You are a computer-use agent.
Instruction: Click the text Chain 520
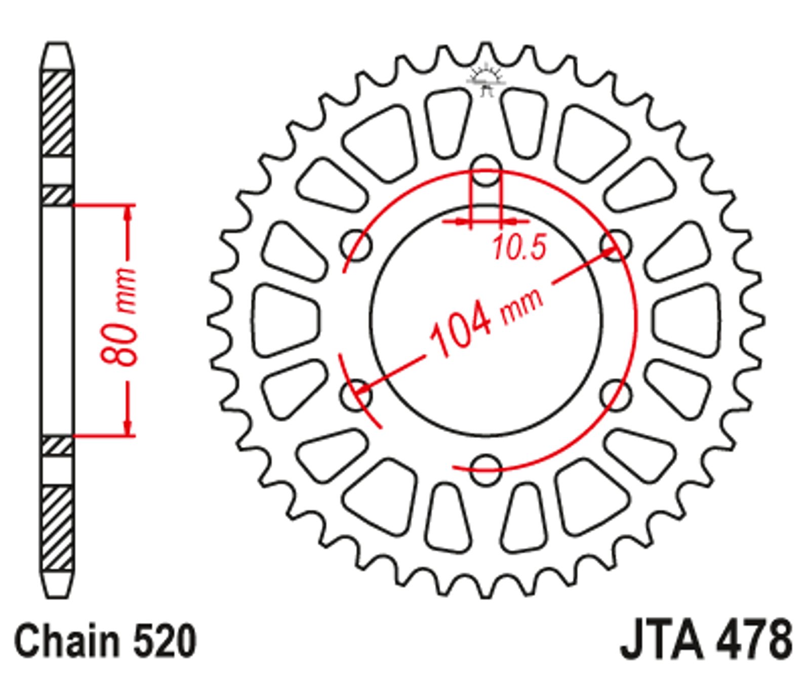tap(105, 641)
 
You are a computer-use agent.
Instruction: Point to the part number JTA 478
tap(706, 640)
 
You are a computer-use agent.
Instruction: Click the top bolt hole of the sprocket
tap(486, 170)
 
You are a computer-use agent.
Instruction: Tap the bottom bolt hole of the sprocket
tap(486, 469)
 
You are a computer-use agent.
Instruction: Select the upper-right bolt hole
tap(616, 245)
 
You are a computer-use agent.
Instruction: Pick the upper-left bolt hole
tap(356, 245)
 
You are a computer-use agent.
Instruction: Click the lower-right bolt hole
tap(616, 395)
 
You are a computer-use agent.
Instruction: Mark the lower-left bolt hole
tap(356, 395)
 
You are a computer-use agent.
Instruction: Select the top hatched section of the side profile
tap(57, 113)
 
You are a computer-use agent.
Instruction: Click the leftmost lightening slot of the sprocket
tap(286, 320)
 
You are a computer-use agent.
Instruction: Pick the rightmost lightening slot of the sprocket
tap(686, 320)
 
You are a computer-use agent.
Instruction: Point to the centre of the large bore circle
tap(487, 320)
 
